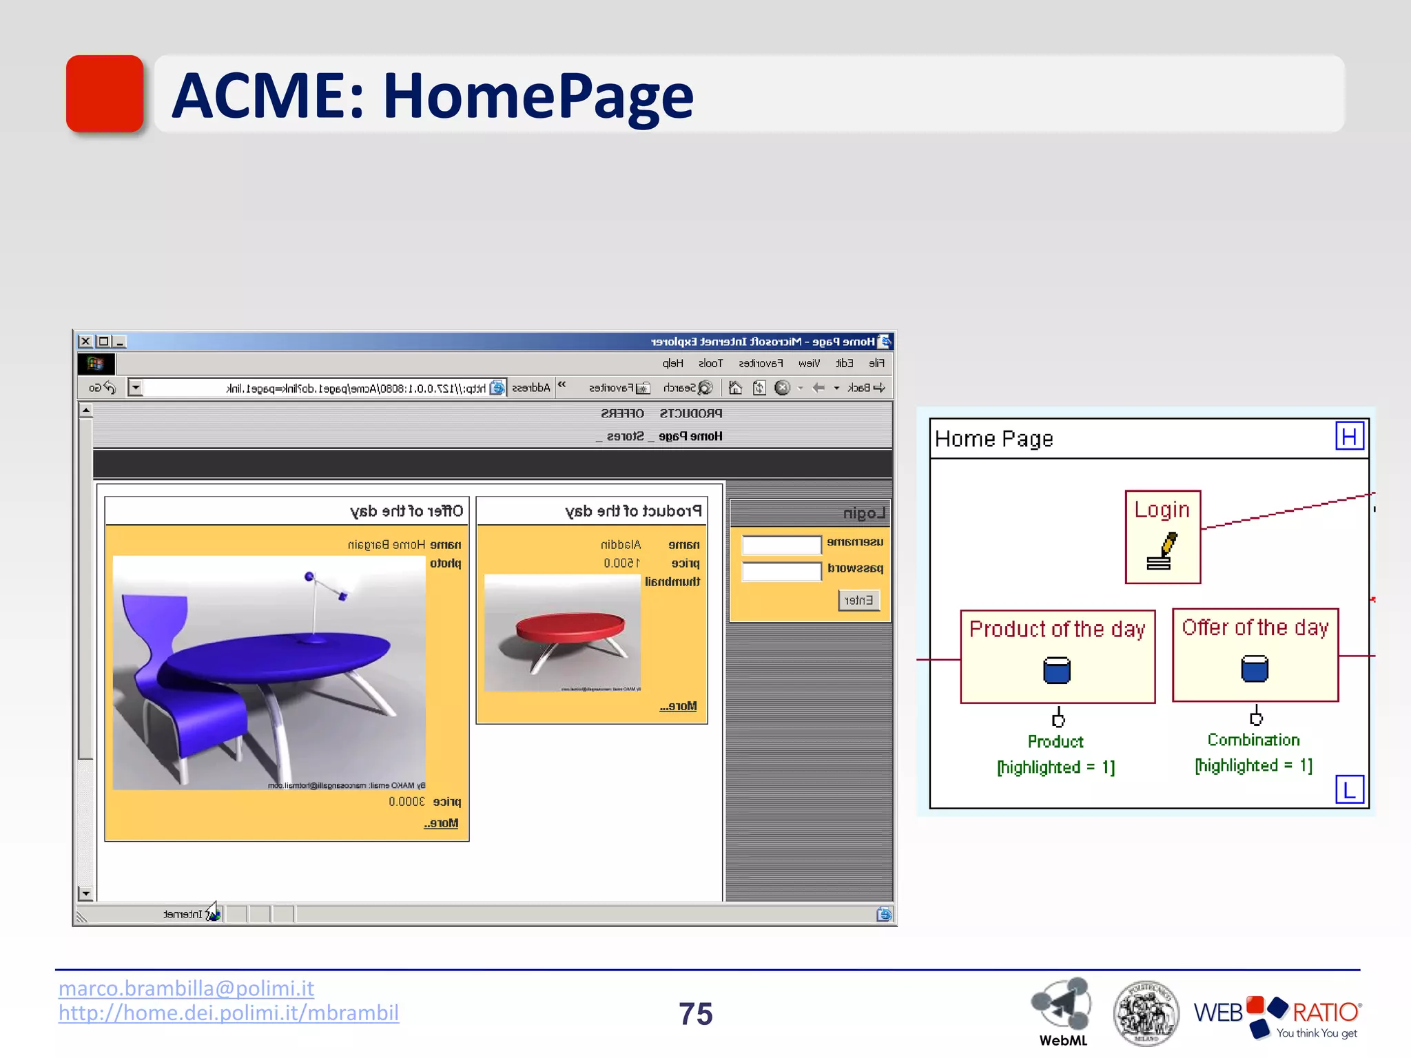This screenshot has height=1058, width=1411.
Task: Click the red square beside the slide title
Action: coord(105,94)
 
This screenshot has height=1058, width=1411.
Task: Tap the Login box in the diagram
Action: coord(1162,537)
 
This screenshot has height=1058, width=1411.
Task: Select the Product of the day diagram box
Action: coord(1057,656)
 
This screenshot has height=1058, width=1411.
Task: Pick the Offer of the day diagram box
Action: coord(1255,654)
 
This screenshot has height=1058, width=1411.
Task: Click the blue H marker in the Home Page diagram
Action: coord(1349,437)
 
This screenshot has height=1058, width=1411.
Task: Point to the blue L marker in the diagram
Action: coord(1349,789)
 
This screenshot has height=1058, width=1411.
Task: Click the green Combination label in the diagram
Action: coord(1253,740)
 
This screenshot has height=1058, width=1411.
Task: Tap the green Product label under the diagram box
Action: coord(1055,742)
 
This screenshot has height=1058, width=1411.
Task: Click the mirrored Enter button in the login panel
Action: coord(858,600)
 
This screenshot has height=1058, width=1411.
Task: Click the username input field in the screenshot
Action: coord(781,546)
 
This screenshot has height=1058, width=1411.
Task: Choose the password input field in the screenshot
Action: coord(781,571)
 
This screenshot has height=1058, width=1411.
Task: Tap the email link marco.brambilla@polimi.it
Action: coord(186,988)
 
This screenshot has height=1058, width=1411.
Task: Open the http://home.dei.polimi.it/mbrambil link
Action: coord(228,1013)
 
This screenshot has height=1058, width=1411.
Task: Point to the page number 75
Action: coord(695,1014)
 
